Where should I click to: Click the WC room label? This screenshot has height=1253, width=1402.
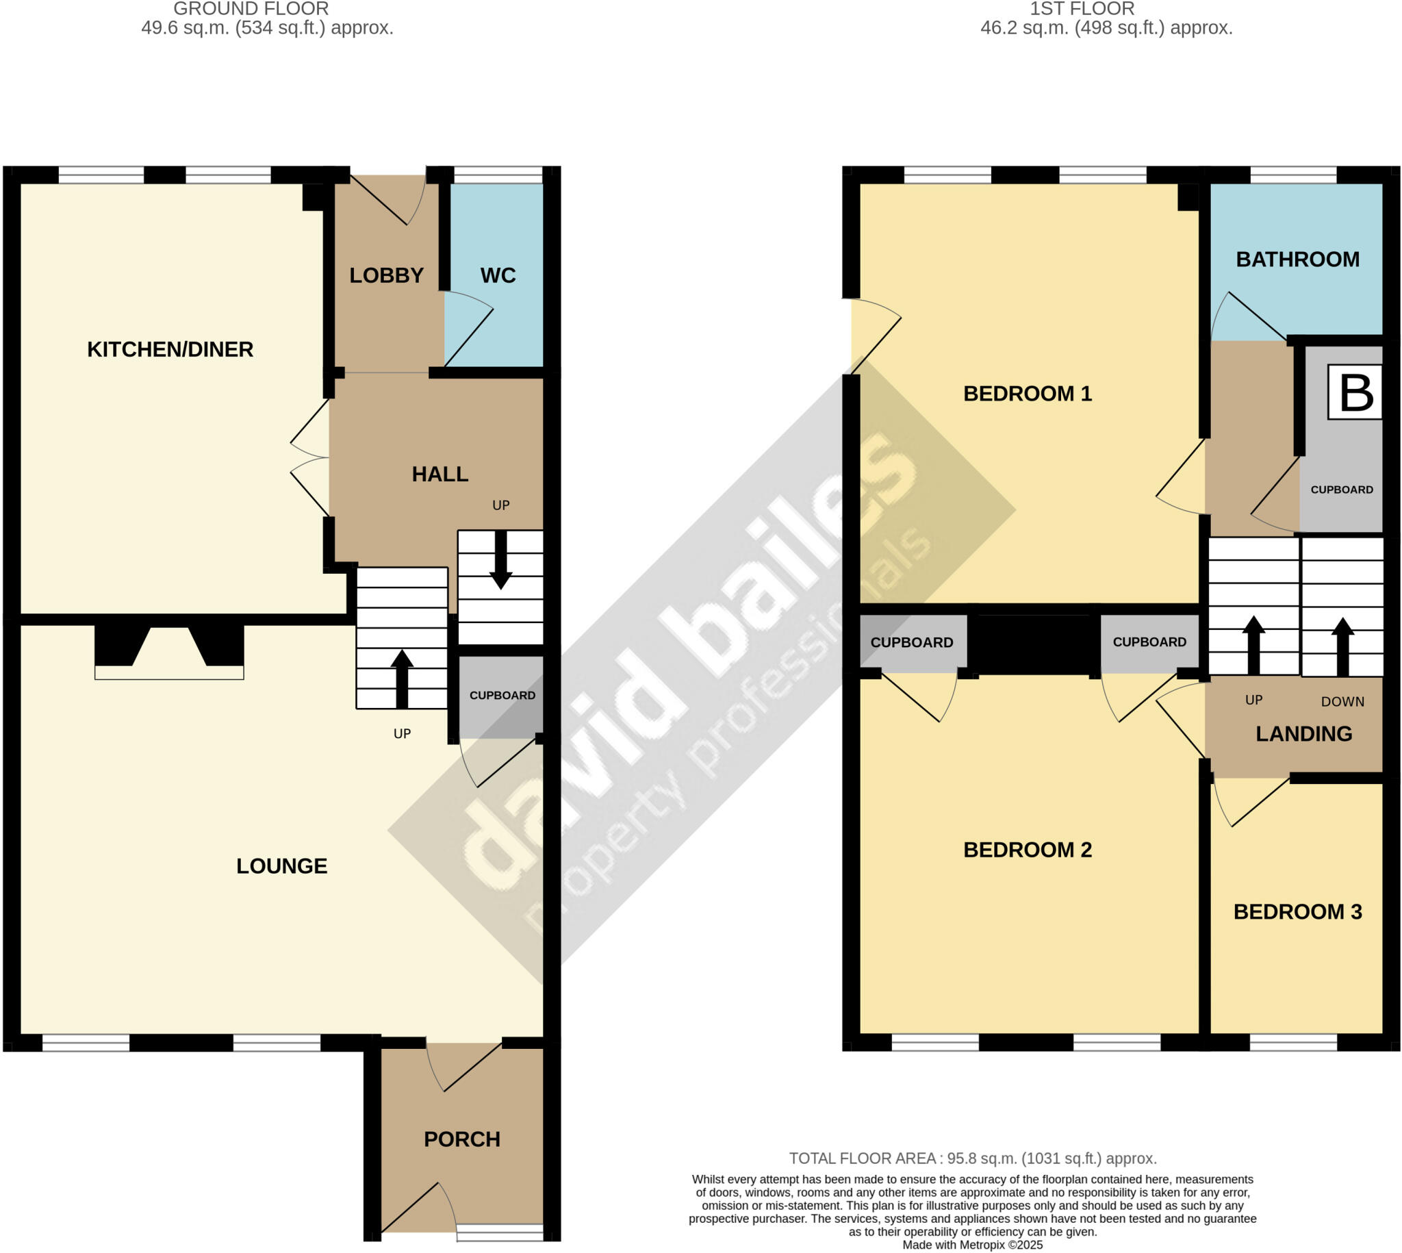498,275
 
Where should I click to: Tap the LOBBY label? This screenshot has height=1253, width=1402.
386,275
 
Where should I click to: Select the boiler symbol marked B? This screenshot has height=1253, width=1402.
1355,393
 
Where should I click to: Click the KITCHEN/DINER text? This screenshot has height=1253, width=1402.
170,349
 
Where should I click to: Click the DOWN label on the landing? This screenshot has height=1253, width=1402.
1342,702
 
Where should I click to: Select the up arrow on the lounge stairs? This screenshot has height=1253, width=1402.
402,678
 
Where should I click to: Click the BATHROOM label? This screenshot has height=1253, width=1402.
1297,260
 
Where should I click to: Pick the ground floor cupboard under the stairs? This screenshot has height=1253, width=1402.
502,696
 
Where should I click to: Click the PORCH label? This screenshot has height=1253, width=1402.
462,1139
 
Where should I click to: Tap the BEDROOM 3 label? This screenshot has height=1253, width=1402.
1297,911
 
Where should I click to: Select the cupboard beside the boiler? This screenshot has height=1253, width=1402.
1342,490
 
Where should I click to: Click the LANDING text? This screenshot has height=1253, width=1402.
1303,734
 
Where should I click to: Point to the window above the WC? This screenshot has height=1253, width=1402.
498,175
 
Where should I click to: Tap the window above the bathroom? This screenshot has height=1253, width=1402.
1293,175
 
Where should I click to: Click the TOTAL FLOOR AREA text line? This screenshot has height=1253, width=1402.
973,1158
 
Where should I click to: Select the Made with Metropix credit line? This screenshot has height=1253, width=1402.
973,1245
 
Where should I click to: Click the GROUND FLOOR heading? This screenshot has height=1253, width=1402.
251,9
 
